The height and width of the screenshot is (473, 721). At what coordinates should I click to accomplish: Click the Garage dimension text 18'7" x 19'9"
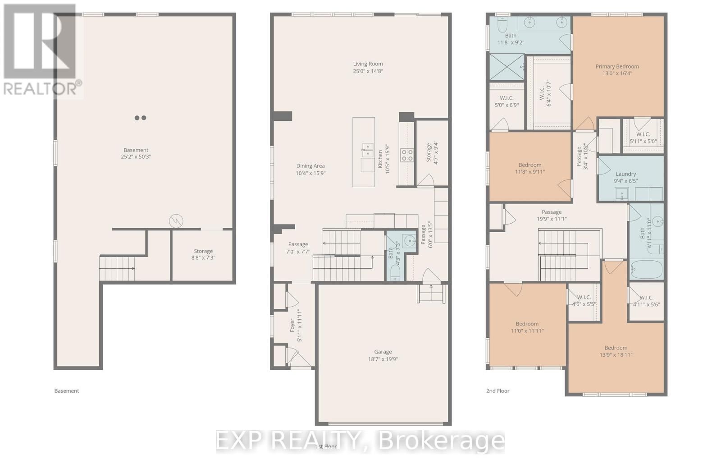[383, 359]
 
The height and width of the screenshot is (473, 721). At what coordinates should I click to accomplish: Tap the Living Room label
[368, 64]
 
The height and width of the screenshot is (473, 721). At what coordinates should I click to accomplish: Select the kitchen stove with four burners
[407, 155]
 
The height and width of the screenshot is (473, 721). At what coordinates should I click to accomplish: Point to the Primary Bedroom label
[617, 66]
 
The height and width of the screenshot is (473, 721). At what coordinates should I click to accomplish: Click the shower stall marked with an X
[507, 67]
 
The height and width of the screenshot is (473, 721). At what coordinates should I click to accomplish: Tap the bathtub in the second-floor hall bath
[646, 269]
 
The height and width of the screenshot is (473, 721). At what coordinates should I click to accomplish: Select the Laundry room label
[625, 174]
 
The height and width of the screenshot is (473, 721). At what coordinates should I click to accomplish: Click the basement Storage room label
[203, 251]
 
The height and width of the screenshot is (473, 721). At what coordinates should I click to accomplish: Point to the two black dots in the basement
[140, 118]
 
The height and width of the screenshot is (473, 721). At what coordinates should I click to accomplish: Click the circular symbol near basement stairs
[176, 221]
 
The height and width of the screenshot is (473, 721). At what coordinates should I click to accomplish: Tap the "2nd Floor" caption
[497, 391]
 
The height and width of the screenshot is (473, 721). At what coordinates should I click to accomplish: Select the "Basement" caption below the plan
[66, 391]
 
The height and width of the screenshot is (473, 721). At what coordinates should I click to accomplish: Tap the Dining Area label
[310, 166]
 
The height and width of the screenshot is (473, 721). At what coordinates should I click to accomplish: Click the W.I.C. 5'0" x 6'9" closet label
[507, 98]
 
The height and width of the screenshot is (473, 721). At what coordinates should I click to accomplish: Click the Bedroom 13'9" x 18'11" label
[616, 348]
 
